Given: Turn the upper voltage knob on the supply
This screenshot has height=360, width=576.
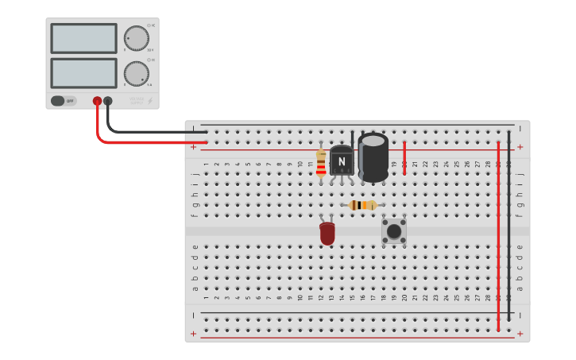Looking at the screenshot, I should click(x=136, y=37).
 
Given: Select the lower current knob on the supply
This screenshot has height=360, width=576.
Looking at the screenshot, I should click(x=136, y=74).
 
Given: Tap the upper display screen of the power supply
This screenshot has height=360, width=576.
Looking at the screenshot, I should click(x=83, y=38).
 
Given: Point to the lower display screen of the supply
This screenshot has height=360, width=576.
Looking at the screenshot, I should click(x=83, y=73).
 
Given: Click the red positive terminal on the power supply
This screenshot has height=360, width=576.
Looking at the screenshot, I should click(x=97, y=101).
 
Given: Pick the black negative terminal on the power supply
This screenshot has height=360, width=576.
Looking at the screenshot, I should click(x=108, y=101).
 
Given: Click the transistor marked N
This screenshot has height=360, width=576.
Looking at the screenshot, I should click(x=342, y=161).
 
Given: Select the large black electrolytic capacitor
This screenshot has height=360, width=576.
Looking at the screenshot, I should click(x=373, y=157).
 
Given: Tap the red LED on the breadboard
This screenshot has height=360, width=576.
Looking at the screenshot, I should click(x=327, y=234).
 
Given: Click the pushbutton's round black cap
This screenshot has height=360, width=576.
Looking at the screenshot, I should click(x=394, y=231).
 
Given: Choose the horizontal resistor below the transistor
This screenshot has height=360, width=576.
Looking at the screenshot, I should click(x=363, y=205).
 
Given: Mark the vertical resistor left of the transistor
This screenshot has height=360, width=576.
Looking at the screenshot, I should click(x=321, y=163).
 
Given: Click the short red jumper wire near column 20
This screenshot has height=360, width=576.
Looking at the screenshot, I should click(x=404, y=157).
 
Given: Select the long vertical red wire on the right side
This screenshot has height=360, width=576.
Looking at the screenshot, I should click(x=498, y=238).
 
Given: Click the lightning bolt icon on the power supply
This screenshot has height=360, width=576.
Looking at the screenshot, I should click(x=150, y=101).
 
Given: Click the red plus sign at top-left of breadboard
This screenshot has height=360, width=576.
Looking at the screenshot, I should click(x=194, y=147).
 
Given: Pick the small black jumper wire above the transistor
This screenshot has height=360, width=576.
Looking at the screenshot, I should click(x=352, y=138).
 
